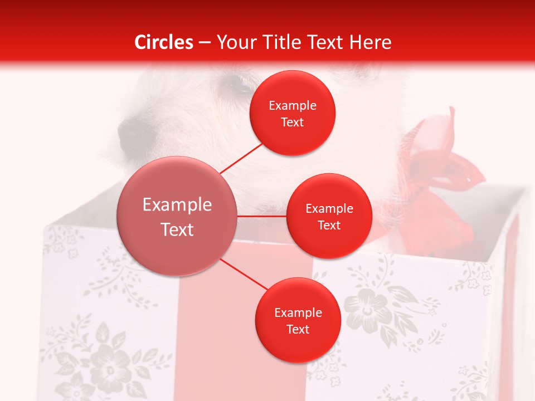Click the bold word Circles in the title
coord(164,42)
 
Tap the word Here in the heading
coord(371,42)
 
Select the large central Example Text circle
coord(177,216)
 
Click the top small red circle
coord(293,113)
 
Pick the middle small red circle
coord(329,216)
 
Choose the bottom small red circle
coord(298,320)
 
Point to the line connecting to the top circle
coord(241,158)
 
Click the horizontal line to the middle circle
coord(262,216)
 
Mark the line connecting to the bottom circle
coord(245,275)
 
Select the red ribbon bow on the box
coord(440,167)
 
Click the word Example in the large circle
coord(177,204)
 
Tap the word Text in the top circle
coord(293,122)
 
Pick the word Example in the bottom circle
coord(298,312)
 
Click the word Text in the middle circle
coord(329,225)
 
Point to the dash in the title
coord(205,43)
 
